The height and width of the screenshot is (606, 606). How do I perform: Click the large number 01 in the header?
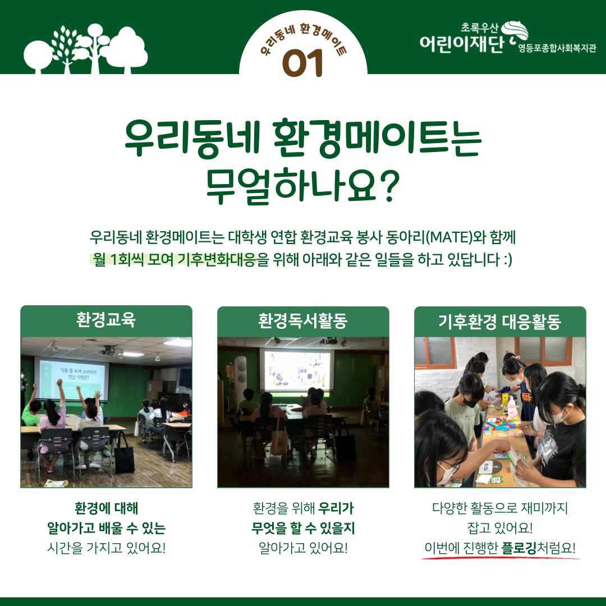tap(302, 63)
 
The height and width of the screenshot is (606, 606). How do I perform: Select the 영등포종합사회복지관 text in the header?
tap(557, 48)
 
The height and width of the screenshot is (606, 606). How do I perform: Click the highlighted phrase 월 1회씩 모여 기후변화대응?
tap(174, 259)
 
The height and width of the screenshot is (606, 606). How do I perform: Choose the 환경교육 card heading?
tap(106, 320)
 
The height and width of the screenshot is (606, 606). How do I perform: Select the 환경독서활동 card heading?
tap(303, 321)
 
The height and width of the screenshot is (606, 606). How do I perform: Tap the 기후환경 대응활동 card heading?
tap(500, 321)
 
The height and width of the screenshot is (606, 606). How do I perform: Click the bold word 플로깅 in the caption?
tap(519, 548)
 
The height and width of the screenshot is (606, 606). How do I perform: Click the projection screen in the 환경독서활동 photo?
tap(296, 370)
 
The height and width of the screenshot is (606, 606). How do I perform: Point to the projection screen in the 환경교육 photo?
tap(71, 379)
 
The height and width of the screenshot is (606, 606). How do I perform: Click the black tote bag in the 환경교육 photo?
tap(125, 454)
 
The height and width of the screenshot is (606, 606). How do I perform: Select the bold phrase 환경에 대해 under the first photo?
tap(106, 508)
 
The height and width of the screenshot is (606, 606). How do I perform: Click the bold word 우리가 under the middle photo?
tap(336, 508)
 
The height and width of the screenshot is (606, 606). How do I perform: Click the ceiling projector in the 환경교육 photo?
tap(108, 351)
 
